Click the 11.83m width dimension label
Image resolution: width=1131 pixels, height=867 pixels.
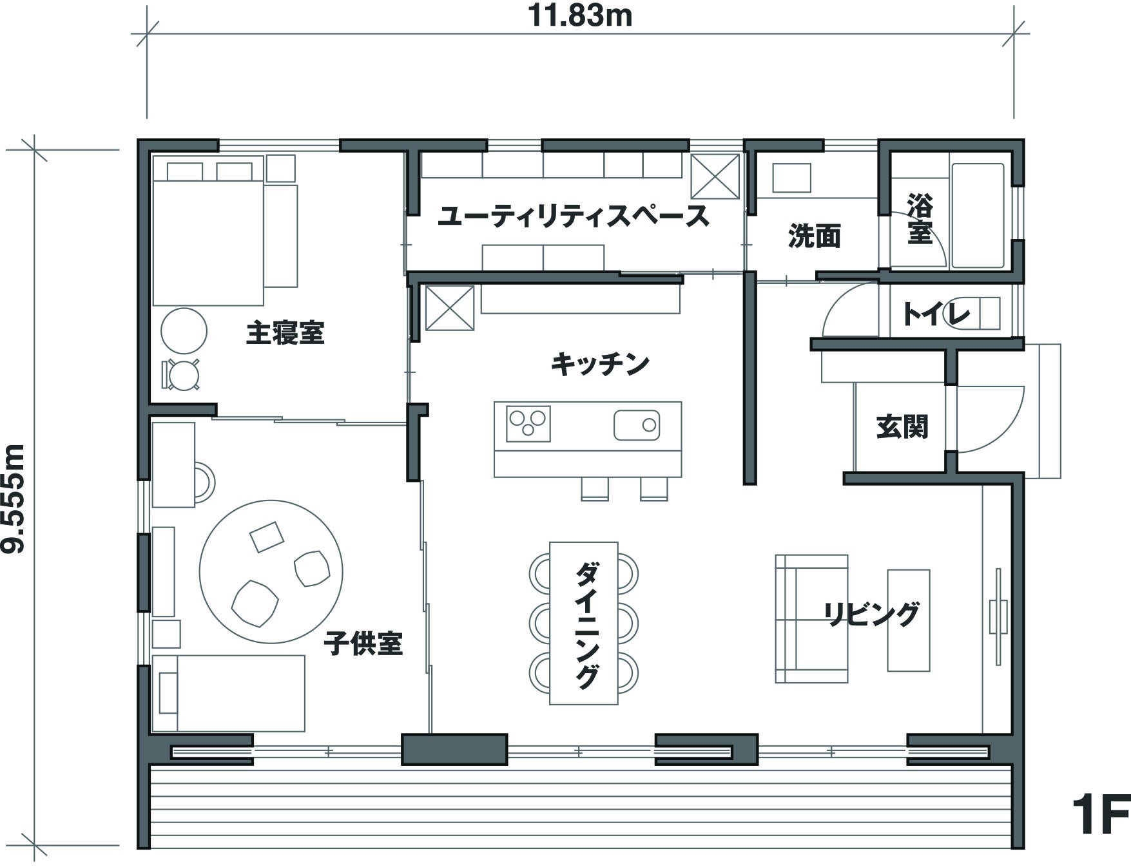580,15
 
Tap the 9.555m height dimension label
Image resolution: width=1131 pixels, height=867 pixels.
14,499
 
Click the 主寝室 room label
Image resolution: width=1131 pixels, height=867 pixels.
285,333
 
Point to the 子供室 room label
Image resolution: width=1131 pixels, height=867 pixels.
363,643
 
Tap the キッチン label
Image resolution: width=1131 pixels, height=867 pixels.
600,364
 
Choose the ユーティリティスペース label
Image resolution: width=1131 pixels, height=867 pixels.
574,216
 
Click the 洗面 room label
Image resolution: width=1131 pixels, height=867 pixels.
815,236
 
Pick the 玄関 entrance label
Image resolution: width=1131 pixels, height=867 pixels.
902,426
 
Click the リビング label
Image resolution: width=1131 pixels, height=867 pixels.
871,614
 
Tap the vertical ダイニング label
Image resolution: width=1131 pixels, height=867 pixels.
586,625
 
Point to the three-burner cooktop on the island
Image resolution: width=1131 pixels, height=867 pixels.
528,424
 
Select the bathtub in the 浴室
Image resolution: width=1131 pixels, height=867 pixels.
978,215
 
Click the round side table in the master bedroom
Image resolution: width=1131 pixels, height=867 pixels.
184,331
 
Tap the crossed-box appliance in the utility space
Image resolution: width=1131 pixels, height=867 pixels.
715,176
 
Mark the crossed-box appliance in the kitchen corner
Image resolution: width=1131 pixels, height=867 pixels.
450,308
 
